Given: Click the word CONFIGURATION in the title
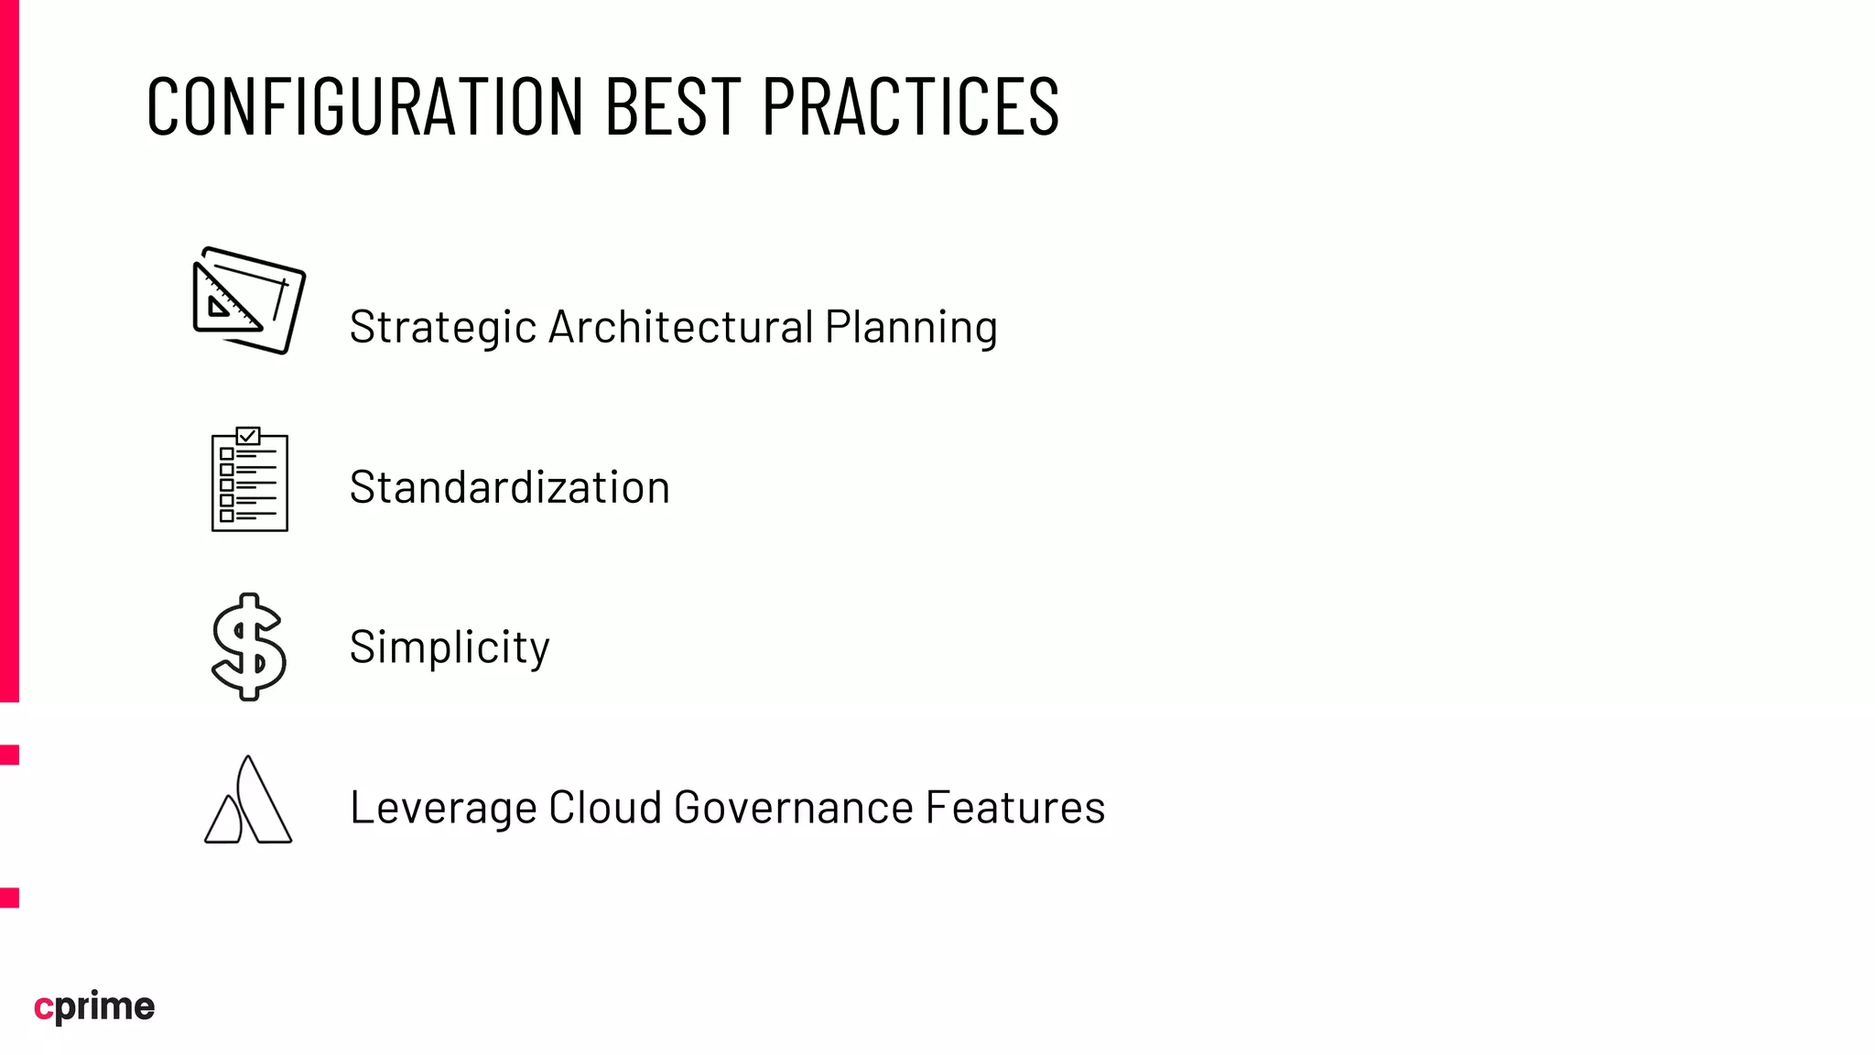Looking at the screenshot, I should click(364, 107).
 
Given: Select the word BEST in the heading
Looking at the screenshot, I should click(672, 107).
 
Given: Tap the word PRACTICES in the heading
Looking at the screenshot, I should click(910, 107).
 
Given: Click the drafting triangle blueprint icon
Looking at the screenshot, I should click(249, 300).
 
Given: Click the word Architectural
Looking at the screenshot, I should click(680, 327).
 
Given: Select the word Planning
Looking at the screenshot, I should click(910, 328).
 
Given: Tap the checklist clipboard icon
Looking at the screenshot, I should click(249, 480).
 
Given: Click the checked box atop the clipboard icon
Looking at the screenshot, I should click(248, 436).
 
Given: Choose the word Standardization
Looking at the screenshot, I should click(509, 487).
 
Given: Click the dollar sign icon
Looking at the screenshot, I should click(248, 647).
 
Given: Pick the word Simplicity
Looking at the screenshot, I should click(450, 647).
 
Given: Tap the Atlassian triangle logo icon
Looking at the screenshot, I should click(248, 800).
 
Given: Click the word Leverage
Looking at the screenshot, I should click(442, 808).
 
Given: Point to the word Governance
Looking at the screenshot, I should click(793, 808).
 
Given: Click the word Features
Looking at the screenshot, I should click(1014, 808).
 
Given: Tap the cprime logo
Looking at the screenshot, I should click(94, 1006).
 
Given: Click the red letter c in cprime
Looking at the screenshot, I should click(43, 1007).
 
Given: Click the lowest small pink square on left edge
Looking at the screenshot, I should click(9, 897).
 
